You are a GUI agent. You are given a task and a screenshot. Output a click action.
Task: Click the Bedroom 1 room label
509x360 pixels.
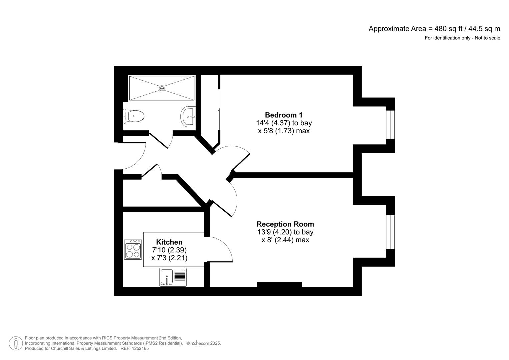coord(283,115)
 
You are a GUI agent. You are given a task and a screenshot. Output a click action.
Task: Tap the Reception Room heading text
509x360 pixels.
coord(285,224)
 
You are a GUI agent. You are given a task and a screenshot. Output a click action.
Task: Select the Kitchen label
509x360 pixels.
coord(169,242)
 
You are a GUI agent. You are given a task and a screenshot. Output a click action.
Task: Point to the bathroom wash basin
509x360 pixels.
coord(188,116)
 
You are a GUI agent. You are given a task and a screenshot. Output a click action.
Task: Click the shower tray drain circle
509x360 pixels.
coord(162,88)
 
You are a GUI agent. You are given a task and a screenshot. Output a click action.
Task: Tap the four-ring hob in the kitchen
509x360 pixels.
coord(133,250)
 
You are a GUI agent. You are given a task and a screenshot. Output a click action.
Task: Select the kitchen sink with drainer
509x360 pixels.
coord(173,277)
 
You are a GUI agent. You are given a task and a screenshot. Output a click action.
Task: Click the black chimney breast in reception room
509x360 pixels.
coord(279,284)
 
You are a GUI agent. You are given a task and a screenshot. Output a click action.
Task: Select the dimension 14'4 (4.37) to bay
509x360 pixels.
coord(284,123)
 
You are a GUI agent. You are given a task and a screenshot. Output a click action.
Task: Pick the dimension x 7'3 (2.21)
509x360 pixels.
coord(169,258)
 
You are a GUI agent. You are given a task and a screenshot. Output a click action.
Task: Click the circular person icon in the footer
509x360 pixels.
coord(16,343)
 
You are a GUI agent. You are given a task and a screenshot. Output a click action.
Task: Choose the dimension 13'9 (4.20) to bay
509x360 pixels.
coord(285,232)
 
